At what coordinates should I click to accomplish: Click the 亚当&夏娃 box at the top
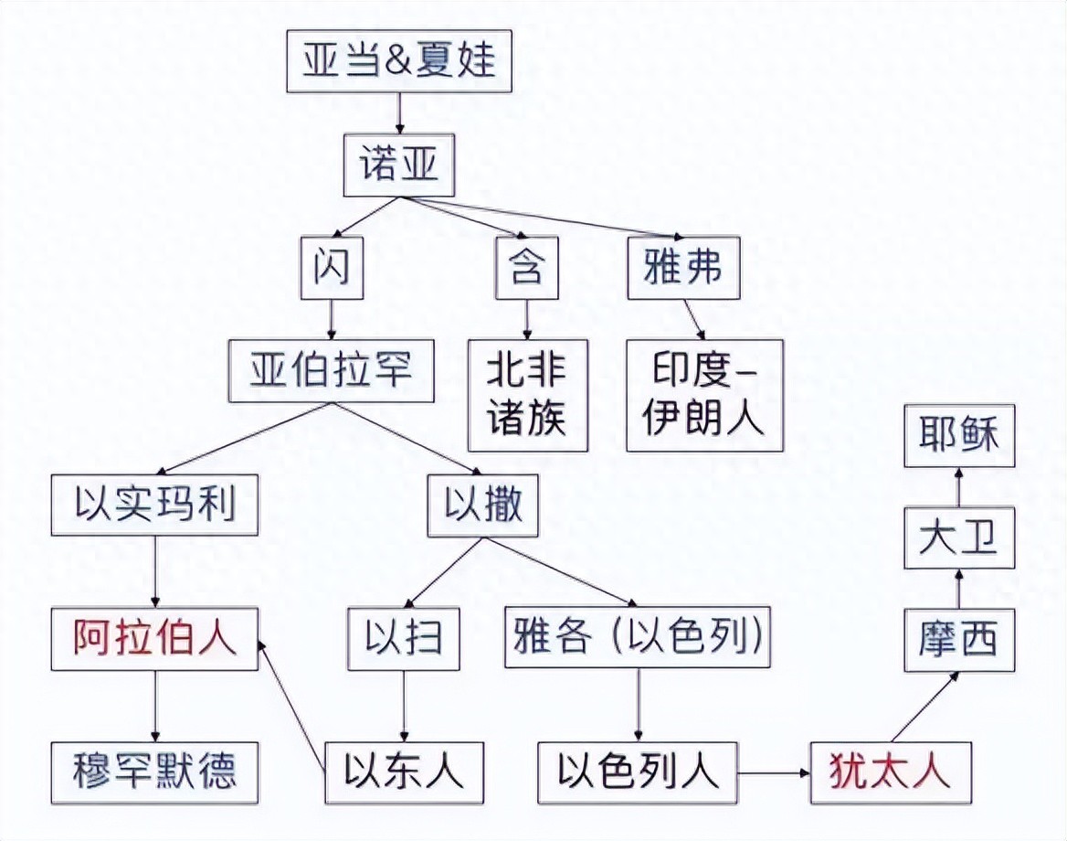(399, 60)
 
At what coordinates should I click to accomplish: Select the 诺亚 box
(399, 165)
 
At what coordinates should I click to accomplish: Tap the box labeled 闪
(333, 268)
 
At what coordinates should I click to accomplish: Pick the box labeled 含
(527, 268)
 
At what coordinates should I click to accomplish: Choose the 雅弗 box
(683, 268)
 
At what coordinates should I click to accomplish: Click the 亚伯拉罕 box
(332, 371)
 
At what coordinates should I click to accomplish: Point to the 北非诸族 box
(527, 396)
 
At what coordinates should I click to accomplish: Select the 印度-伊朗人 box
(705, 396)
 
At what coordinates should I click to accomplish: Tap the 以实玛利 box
(154, 505)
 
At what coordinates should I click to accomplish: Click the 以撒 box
(483, 505)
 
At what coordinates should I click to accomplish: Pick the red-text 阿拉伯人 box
(154, 639)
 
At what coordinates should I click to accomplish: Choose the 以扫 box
(404, 639)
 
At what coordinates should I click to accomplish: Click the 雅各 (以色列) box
(638, 637)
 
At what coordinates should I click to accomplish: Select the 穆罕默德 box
(154, 773)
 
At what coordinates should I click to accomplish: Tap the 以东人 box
(404, 773)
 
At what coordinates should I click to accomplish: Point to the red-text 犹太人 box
(891, 773)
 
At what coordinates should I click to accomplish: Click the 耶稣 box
(959, 436)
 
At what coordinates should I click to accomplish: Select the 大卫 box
(959, 538)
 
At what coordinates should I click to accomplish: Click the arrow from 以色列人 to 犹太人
(774, 773)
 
